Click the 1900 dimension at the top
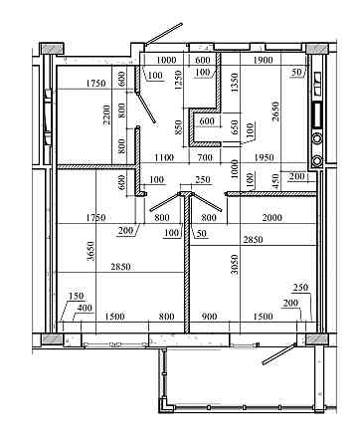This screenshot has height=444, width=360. [263, 60]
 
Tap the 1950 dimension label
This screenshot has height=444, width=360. [264, 157]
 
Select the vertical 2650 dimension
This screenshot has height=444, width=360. [275, 111]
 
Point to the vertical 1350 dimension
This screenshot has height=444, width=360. [235, 83]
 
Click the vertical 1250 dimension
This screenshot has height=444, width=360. [178, 80]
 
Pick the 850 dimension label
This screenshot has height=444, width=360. [178, 127]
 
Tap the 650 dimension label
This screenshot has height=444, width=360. [235, 127]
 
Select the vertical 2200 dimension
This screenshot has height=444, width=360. [106, 114]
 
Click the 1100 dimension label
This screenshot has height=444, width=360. [164, 157]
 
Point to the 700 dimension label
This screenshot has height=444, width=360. [205, 157]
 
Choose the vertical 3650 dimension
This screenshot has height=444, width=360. [90, 251]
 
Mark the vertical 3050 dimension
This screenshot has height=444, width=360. [235, 265]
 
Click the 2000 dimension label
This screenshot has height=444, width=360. [272, 218]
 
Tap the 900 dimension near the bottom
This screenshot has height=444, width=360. [209, 317]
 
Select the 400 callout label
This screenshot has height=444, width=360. [85, 308]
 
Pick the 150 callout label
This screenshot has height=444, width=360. [77, 296]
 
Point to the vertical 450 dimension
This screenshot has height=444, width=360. [276, 181]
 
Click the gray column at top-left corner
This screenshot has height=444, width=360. [52, 48]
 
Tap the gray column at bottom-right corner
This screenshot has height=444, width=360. [317, 338]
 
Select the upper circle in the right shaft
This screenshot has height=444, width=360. [317, 138]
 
